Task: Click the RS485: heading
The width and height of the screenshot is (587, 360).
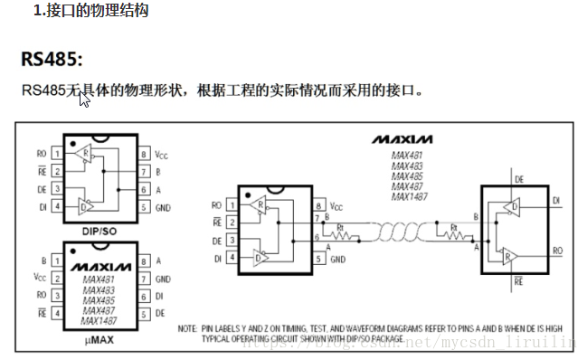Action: click(x=52, y=60)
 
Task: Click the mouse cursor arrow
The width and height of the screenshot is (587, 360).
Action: click(x=84, y=98)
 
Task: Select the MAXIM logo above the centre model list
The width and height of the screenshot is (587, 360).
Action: click(x=402, y=138)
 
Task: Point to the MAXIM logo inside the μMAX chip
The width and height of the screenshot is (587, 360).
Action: click(x=102, y=268)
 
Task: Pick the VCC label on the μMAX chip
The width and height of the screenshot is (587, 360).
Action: click(x=39, y=277)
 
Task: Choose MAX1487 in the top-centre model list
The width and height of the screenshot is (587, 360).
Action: click(x=410, y=196)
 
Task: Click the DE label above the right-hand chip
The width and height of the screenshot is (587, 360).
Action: click(x=519, y=180)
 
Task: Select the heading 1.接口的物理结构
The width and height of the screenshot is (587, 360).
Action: click(x=91, y=12)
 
